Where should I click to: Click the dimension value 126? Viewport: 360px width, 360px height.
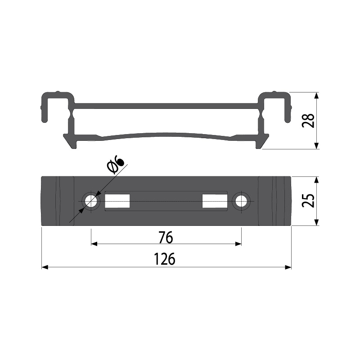click(x=164, y=259)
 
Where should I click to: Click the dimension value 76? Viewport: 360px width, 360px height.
click(x=166, y=238)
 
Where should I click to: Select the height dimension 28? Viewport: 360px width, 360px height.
click(x=308, y=121)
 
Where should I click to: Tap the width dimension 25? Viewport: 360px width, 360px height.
click(x=308, y=201)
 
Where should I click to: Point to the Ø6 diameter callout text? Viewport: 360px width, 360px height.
click(x=116, y=164)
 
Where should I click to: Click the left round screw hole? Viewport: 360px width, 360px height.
click(x=91, y=201)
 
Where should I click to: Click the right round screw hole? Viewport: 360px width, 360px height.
click(x=241, y=201)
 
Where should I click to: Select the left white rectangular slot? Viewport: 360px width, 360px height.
click(x=117, y=201)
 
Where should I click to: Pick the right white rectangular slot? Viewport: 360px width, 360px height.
click(x=215, y=201)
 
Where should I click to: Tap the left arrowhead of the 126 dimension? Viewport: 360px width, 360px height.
click(x=45, y=267)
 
